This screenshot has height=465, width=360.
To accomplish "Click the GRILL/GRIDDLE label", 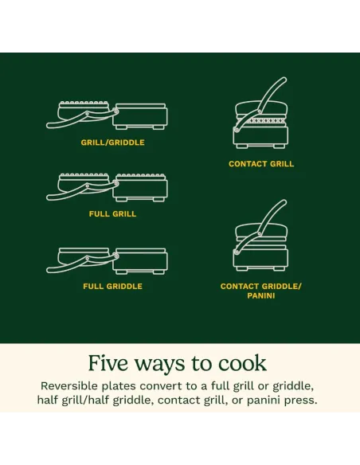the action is pos(112,143).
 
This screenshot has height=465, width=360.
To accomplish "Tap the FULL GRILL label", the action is pos(112,214).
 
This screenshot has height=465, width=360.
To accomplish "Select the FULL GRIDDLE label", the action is pos(112,286).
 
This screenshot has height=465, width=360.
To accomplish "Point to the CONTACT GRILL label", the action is pos(261,164).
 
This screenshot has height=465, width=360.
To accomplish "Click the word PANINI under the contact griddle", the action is pos(261,295).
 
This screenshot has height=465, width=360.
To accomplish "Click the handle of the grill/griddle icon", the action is pos(80,119).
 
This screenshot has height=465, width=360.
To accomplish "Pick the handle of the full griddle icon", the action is pos(80,264).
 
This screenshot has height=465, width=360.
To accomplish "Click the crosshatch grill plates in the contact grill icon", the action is pos(261,121).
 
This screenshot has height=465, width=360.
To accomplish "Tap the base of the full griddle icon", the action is pos(140,261).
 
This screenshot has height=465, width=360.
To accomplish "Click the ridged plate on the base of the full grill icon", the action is pos(140,177).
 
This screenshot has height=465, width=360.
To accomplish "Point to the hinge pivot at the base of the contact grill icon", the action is pos(237,129).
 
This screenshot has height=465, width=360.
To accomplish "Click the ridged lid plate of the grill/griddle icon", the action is pos(84,104).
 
